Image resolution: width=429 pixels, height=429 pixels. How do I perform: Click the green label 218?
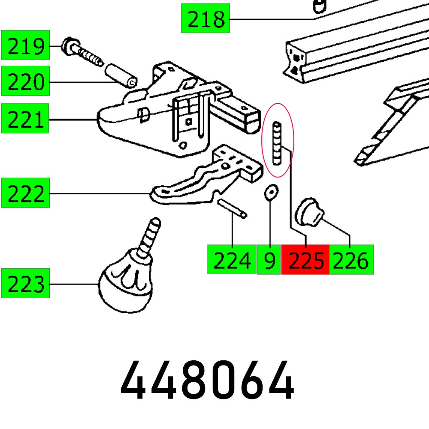point(205,18)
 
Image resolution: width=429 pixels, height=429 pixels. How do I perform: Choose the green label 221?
point(25,118)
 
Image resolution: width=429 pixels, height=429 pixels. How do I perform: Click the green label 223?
point(25,283)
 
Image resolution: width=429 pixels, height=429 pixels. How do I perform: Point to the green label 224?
point(231,260)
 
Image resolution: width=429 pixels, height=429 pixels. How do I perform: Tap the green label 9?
point(269,260)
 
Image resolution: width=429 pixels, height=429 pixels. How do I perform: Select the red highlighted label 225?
point(305,260)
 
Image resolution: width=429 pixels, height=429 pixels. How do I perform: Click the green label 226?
point(351,260)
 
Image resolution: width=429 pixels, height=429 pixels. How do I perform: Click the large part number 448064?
point(207,380)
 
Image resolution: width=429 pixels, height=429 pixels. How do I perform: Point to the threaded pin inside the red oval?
point(278,142)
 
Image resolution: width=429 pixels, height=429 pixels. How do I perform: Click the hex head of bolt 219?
point(69,46)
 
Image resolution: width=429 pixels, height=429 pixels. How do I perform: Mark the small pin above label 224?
point(232,208)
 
